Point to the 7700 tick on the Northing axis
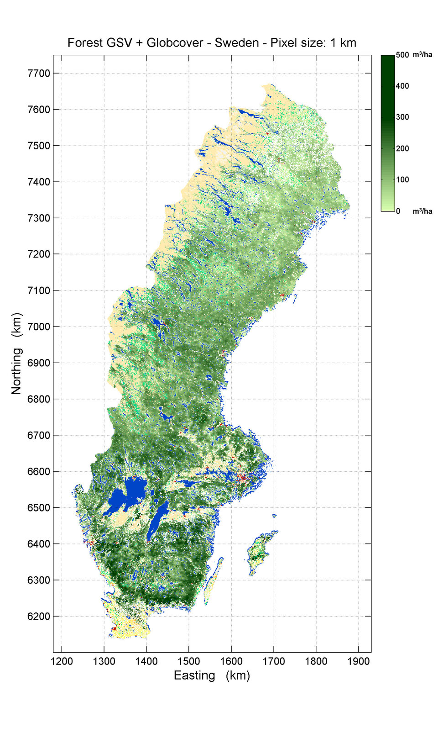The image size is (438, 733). point(39,73)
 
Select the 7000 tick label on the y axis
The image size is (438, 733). point(39,327)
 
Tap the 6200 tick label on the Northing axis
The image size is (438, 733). point(39,616)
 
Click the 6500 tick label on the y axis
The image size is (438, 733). point(39,507)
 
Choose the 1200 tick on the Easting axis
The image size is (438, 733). point(62,661)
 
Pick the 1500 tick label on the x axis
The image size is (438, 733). point(189,661)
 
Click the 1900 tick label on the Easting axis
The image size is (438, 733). point(358,661)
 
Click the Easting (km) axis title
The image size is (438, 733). point(212,675)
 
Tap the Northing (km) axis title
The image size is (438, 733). point(16,353)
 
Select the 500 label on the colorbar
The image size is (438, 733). point(402,55)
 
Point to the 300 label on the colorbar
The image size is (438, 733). point(402,117)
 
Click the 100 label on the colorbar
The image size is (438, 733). point(402,179)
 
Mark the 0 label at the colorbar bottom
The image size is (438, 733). point(398,211)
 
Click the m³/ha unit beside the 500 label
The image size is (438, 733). point(422,55)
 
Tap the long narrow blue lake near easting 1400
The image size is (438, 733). point(157,521)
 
